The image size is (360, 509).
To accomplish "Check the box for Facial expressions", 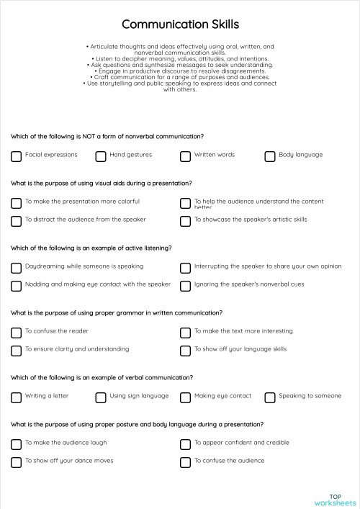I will (16, 156).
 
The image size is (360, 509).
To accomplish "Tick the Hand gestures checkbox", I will (101, 156).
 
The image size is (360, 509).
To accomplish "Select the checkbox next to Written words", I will (185, 156).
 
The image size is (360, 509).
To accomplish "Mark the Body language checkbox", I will (270, 156).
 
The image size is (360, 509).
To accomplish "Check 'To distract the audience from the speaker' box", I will (16, 220).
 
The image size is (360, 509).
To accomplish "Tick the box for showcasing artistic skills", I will (185, 220).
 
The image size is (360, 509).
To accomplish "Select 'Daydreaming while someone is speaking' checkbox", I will (16, 267).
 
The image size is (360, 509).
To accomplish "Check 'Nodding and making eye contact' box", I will (16, 285).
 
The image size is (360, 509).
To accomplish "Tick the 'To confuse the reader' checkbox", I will (16, 332).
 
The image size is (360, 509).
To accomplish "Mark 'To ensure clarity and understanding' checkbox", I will (16, 350).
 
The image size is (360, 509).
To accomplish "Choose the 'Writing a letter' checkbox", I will (16, 397).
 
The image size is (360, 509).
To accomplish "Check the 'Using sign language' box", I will (101, 397).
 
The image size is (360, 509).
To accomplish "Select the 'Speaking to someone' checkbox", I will (270, 397).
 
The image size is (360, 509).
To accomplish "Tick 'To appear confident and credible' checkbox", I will (185, 443).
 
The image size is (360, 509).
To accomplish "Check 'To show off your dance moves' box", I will (16, 461).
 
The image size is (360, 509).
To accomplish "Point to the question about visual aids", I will (101, 183).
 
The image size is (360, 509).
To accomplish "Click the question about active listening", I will (91, 248).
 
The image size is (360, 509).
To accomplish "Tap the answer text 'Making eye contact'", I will (222, 396).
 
